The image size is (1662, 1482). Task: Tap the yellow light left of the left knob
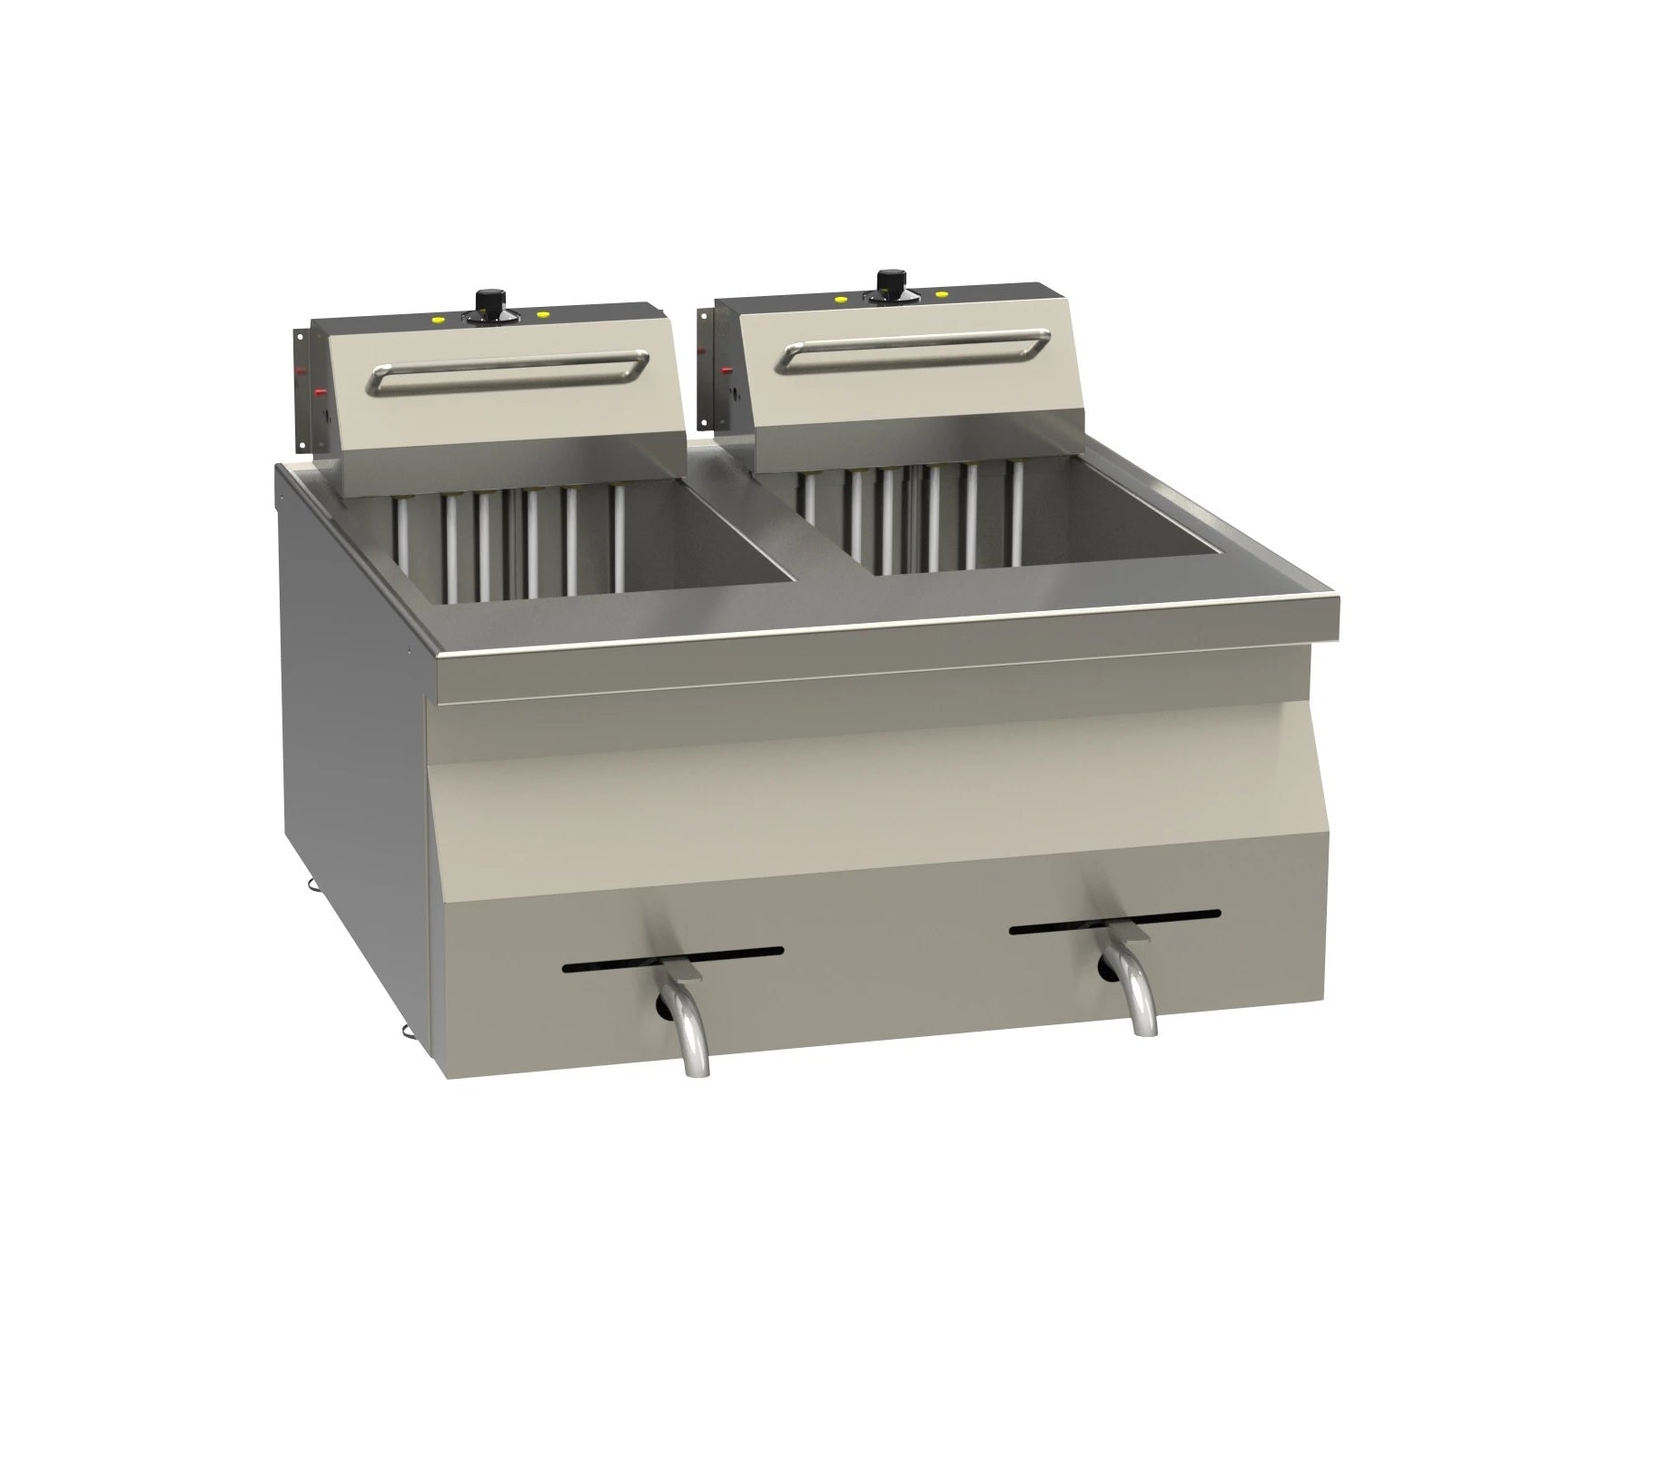pos(438,320)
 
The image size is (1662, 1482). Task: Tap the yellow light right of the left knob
pos(543,314)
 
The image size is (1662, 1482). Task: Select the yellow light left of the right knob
pos(840,299)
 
